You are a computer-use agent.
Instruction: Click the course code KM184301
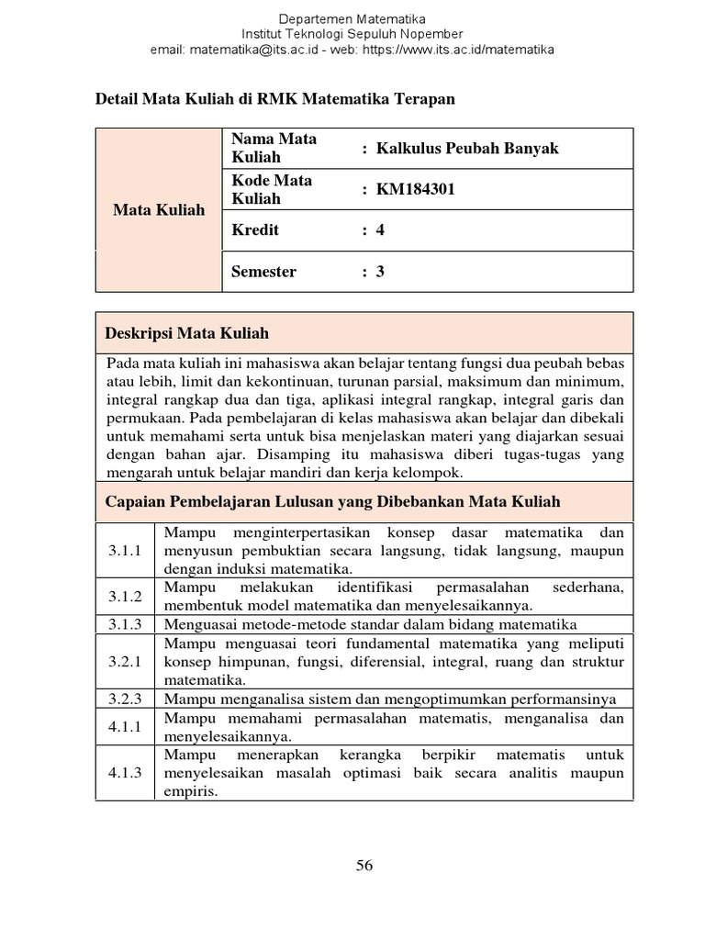click(415, 189)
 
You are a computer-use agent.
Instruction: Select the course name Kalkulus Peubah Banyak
click(466, 148)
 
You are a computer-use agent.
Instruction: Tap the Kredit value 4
click(380, 229)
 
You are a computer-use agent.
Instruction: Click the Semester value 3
click(380, 271)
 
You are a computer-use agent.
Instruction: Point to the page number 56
click(364, 866)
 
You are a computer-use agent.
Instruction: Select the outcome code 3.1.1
click(126, 552)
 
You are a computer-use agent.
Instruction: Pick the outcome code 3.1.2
click(126, 596)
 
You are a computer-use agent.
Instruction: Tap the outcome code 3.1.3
click(126, 624)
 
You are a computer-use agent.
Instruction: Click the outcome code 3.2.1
click(126, 661)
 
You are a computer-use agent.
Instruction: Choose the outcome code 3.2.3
click(126, 699)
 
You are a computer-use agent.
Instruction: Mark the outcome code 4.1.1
click(126, 726)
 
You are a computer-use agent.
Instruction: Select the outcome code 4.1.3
click(126, 772)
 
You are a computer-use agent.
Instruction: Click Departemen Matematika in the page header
click(352, 18)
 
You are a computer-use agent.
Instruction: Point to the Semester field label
click(263, 271)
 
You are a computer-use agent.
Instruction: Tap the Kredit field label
click(255, 229)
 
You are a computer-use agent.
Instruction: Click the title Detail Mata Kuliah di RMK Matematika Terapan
click(275, 98)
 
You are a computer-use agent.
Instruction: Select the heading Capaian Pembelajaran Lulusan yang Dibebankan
click(333, 501)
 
